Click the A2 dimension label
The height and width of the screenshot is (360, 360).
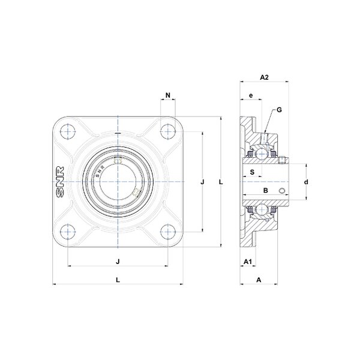click(264, 77)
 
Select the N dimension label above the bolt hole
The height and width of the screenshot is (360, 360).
click(168, 95)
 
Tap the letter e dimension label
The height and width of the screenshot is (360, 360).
click(251, 95)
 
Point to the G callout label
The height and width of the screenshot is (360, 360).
click(279, 110)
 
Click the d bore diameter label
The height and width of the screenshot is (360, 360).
click(306, 182)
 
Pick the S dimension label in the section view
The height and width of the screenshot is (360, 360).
click(252, 172)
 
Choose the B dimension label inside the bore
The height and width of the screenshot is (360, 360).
click(265, 190)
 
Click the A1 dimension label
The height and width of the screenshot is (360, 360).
click(247, 262)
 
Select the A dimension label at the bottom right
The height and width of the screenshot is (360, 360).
click(259, 280)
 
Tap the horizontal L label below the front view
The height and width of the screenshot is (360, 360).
click(118, 280)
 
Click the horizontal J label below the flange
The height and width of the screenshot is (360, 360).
click(118, 262)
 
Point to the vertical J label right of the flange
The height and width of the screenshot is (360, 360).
click(202, 182)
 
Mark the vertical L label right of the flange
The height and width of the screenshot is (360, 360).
click(221, 182)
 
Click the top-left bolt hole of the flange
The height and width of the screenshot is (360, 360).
click(68, 131)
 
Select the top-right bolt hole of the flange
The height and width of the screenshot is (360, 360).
click(168, 131)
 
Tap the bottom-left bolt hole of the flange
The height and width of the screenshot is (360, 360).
click(68, 232)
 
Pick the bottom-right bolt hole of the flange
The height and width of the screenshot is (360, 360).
click(168, 232)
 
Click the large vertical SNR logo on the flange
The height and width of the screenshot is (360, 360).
click(60, 182)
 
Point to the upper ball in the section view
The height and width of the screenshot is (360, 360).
click(261, 154)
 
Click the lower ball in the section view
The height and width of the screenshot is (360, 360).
click(261, 209)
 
